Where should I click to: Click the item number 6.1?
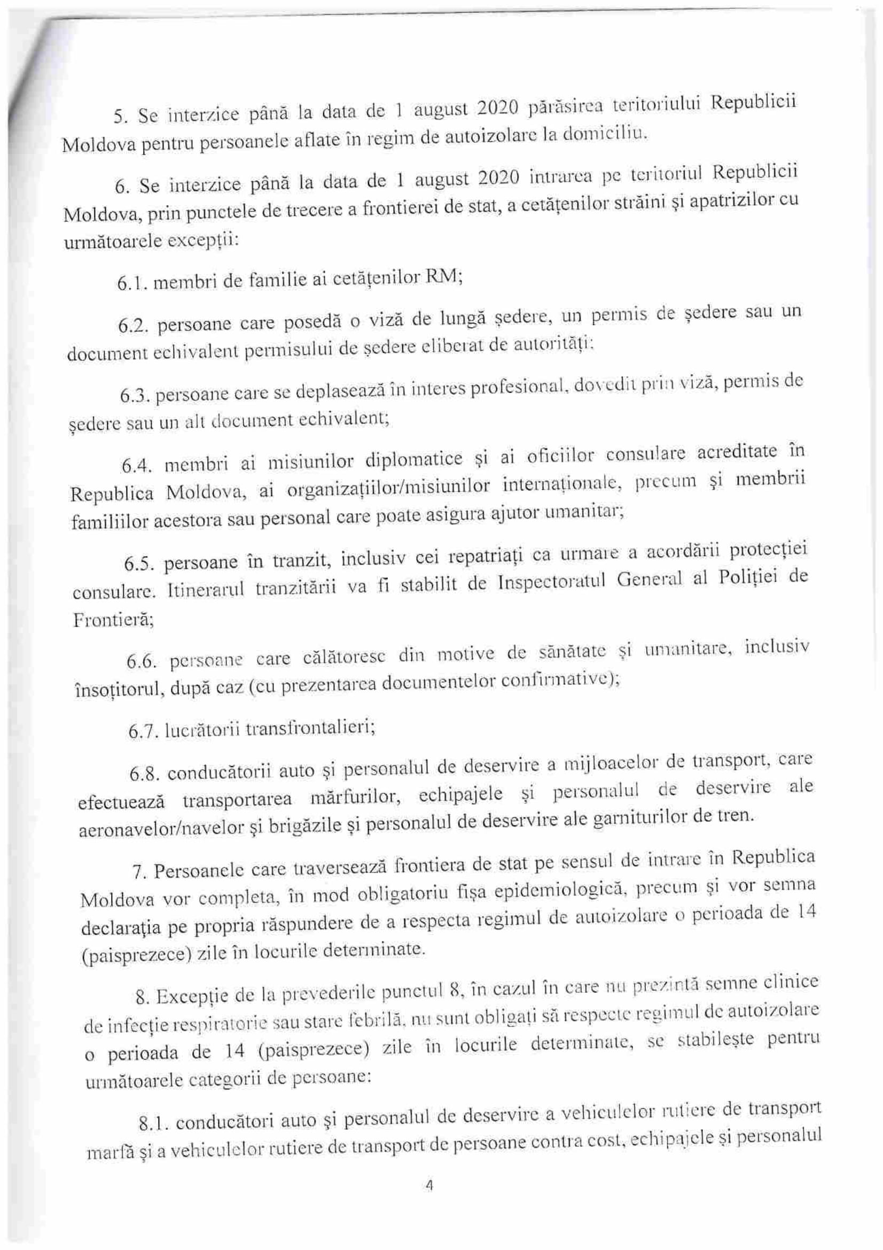pyautogui.click(x=131, y=284)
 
